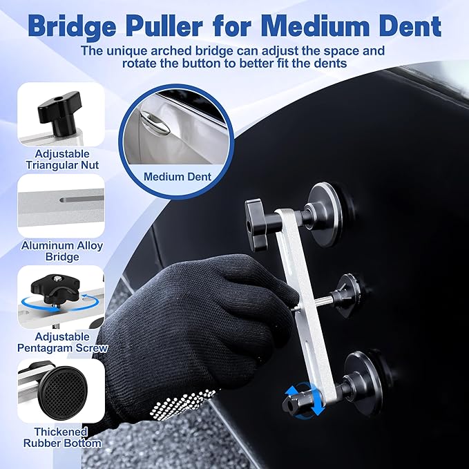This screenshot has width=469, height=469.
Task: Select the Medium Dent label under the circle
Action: pos(178,177)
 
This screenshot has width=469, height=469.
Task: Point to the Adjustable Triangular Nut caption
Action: pos(61,159)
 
